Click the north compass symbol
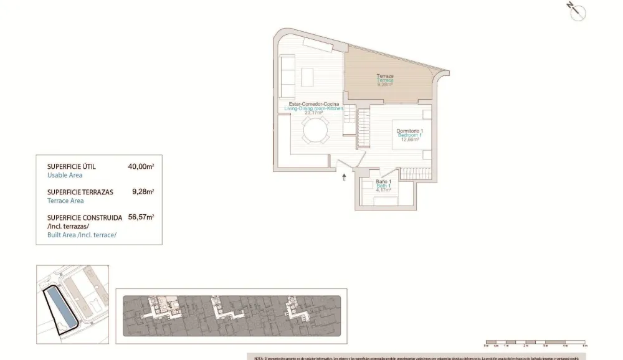(x=577, y=11)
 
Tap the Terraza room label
(x=384, y=77)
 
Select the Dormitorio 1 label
(x=410, y=131)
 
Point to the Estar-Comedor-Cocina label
(x=314, y=104)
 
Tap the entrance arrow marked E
(x=344, y=178)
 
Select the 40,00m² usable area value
(x=141, y=166)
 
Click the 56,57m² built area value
(x=141, y=217)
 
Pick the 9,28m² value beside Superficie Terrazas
(x=143, y=192)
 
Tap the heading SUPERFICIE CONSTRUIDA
(x=84, y=217)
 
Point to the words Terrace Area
(x=65, y=201)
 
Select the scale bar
(x=535, y=343)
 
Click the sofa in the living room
(x=287, y=73)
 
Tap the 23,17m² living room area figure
(x=313, y=113)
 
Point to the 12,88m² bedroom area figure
(x=410, y=140)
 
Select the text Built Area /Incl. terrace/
(x=82, y=234)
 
